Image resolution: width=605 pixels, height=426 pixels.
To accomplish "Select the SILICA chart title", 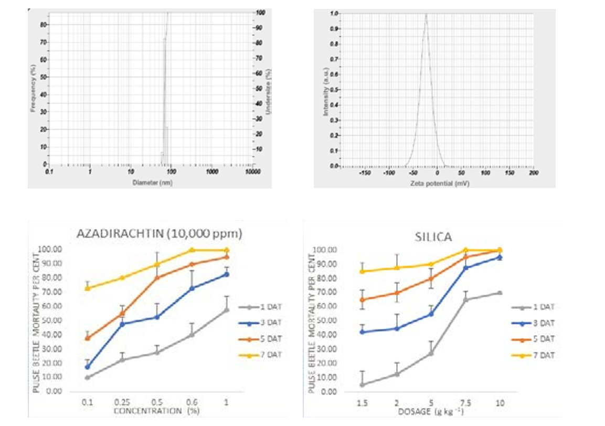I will [x=433, y=237].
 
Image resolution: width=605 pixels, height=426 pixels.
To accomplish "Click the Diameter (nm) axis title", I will [x=152, y=183].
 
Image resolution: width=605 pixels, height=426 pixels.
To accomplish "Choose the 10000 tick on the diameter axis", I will [x=253, y=172].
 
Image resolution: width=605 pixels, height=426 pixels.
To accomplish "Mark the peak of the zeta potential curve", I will [x=426, y=14].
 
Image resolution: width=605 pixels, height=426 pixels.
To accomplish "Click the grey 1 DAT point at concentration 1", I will [x=227, y=310].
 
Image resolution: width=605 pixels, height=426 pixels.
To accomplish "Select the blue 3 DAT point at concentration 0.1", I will [x=87, y=367].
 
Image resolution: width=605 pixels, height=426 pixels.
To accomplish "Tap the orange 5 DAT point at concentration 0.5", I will [x=157, y=277].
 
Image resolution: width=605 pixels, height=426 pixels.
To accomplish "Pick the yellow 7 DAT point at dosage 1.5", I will [x=362, y=271].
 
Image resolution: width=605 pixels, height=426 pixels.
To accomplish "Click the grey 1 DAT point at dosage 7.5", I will [x=465, y=299].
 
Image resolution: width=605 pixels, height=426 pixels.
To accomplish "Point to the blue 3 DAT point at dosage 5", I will [x=431, y=314].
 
